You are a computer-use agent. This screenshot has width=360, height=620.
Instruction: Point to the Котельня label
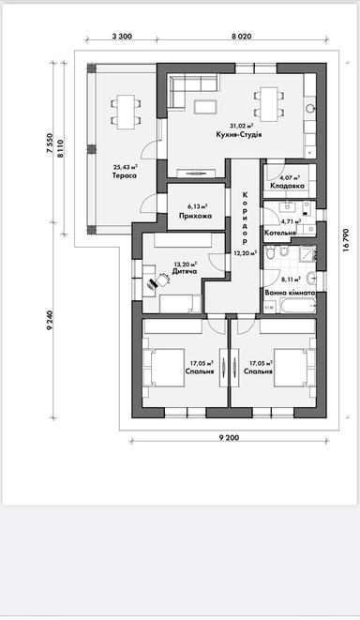pyautogui.click(x=281, y=232)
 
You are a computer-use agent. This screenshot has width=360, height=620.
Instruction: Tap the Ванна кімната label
pyautogui.click(x=291, y=293)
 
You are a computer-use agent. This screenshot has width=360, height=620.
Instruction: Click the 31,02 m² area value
pyautogui.click(x=242, y=125)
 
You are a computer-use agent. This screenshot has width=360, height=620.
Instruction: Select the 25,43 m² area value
pyautogui.click(x=126, y=166)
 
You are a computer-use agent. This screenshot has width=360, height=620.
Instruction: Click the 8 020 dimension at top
pyautogui.click(x=241, y=36)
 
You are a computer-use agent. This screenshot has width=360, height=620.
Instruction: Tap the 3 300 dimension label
pyautogui.click(x=121, y=36)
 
